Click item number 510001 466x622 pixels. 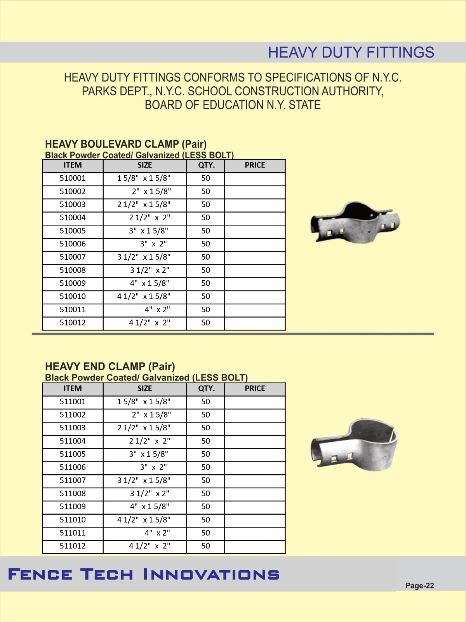pos(73,178)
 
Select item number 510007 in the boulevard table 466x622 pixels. pos(73,257)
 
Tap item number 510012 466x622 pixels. pos(73,323)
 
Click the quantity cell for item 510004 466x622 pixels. pos(205,218)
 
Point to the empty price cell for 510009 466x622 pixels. pos(255,283)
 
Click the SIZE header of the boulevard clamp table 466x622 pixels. pos(144,165)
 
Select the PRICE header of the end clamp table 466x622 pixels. pos(255,388)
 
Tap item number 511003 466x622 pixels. pos(73,428)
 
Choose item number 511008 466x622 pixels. pos(73,494)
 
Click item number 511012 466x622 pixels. pos(73,546)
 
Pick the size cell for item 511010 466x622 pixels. pos(144,520)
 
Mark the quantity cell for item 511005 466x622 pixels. pos(205,454)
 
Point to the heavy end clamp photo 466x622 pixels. pos(355,445)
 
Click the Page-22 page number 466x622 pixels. pos(419,586)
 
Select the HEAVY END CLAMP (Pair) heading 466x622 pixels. pos(110,367)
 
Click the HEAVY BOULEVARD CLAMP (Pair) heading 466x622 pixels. pos(126,144)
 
